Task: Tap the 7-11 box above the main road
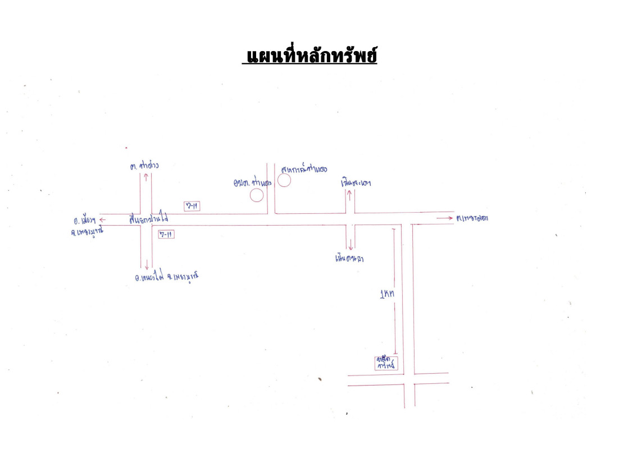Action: pos(192,206)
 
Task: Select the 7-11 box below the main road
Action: pos(166,235)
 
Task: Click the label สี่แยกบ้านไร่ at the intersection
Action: pos(148,218)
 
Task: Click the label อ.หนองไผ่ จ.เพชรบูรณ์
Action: pos(163,277)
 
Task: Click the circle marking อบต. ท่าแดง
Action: pos(257,195)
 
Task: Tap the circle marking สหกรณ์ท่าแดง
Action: pos(284,180)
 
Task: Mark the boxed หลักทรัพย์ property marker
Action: pos(386,363)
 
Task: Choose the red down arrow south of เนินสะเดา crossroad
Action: pos(350,244)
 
